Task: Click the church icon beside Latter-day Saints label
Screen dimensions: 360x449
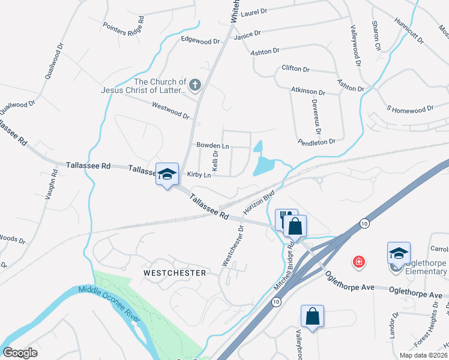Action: (194, 86)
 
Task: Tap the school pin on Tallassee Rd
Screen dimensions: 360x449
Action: (167, 174)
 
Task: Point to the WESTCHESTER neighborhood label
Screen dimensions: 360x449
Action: (174, 273)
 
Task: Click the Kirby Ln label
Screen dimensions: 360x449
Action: (199, 175)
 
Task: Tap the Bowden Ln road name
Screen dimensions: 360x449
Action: (212, 146)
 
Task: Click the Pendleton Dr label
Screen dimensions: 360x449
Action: (316, 142)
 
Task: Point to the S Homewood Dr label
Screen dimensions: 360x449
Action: (410, 109)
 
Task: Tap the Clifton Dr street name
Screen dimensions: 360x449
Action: (295, 69)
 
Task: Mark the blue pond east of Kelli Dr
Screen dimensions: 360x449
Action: (264, 161)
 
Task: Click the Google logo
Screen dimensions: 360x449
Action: (20, 353)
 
